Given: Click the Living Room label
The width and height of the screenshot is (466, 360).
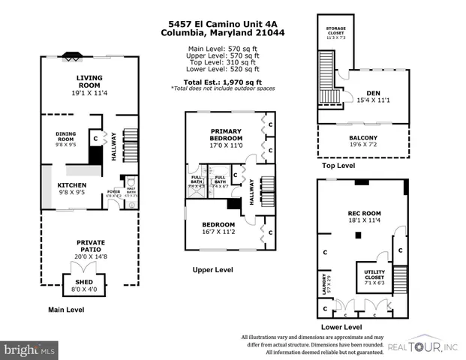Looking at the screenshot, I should coord(89,81).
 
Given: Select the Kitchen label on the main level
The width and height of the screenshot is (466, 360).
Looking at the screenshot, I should coord(72,185).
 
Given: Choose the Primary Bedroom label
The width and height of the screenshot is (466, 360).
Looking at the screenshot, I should coord(225,133).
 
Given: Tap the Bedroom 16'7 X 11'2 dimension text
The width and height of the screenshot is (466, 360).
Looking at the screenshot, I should coord(218,232).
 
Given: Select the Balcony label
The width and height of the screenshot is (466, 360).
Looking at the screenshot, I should coord(362,138).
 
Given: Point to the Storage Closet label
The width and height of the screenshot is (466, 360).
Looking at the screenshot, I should coord(335,30).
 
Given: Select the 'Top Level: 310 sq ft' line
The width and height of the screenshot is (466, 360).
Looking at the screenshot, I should coord(223,62).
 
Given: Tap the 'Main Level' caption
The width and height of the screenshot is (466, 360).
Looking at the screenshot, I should coord(65,310).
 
